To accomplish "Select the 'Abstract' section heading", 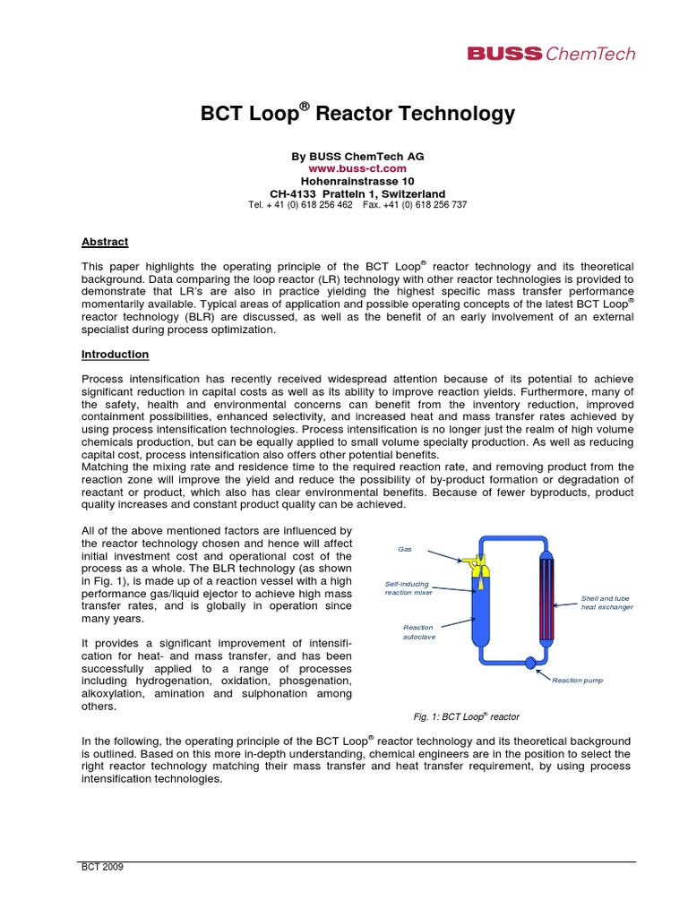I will pyautogui.click(x=105, y=242).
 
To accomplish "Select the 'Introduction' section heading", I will pyautogui.click(x=115, y=355).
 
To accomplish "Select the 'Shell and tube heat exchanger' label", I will pyautogui.click(x=606, y=602).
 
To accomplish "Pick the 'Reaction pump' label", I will pyautogui.click(x=577, y=681).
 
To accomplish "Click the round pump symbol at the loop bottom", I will pyautogui.click(x=529, y=664).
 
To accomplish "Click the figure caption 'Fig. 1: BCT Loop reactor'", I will pyautogui.click(x=466, y=717).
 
